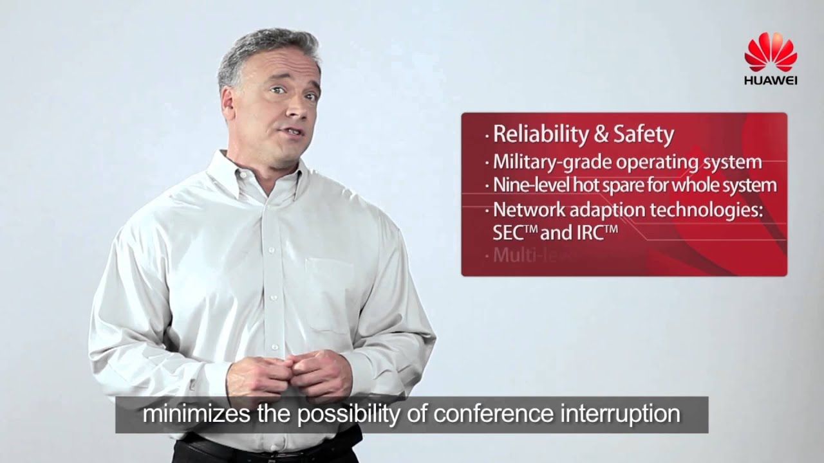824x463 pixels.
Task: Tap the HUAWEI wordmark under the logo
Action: [x=771, y=80]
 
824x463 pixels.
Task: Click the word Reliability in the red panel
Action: [x=539, y=135]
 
